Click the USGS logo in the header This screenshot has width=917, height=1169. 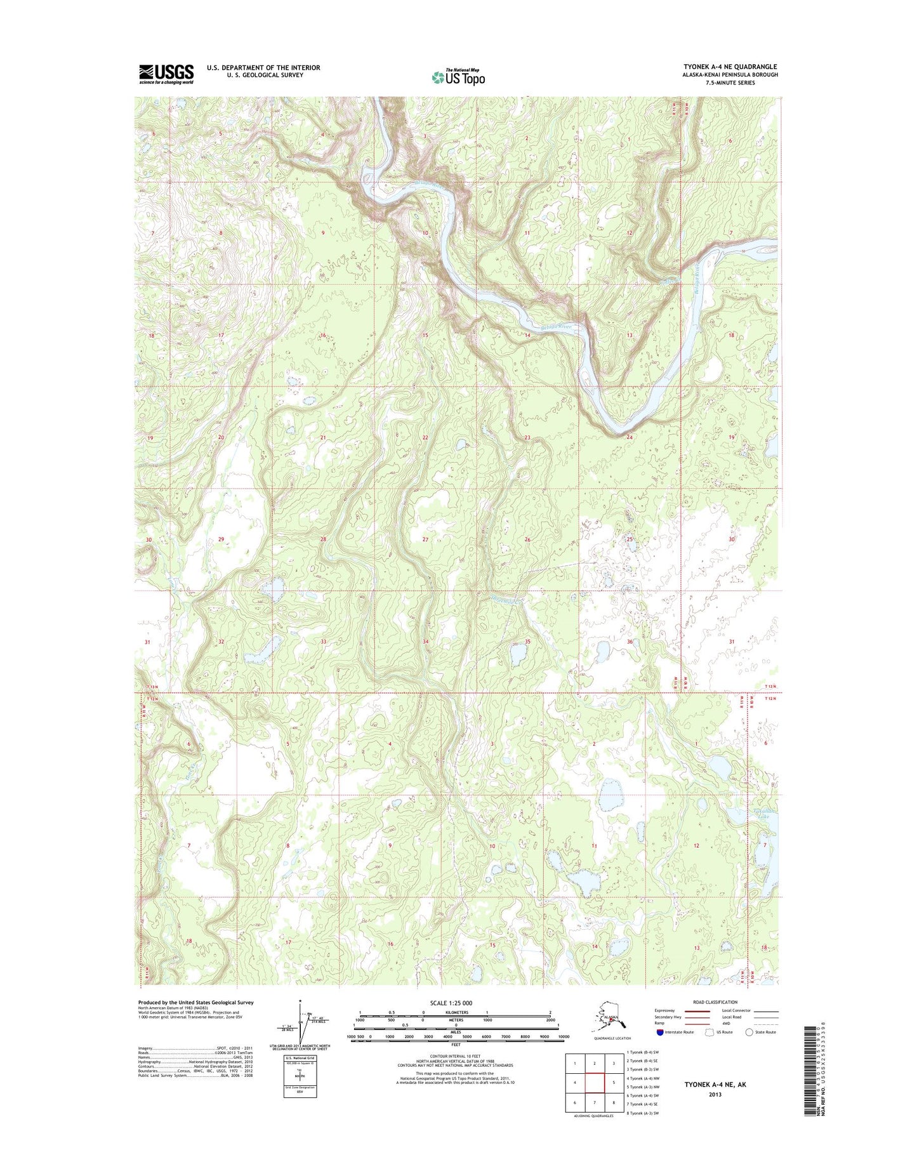tap(166, 74)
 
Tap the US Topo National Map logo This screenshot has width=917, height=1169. tap(458, 77)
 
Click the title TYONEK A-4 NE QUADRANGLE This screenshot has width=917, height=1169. tap(730, 67)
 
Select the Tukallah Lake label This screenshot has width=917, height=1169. tap(762, 814)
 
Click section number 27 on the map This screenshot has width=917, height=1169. tap(426, 539)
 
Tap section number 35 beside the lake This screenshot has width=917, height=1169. tap(527, 642)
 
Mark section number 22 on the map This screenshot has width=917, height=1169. tap(425, 437)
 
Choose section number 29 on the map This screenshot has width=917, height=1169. tap(221, 539)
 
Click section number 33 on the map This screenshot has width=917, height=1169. tap(323, 642)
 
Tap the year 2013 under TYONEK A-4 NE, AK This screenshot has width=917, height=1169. tap(715, 1095)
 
